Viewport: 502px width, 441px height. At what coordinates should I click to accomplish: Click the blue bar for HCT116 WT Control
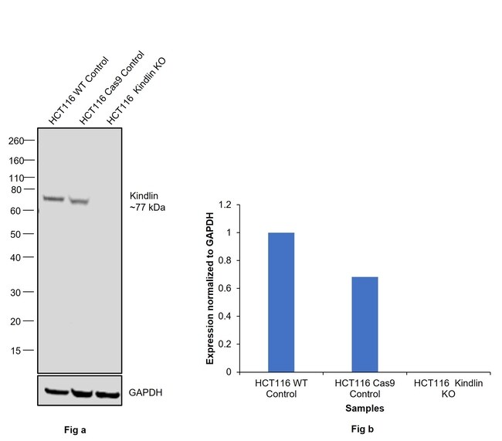coord(280,302)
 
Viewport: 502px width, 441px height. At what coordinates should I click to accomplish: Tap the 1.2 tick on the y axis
coord(224,205)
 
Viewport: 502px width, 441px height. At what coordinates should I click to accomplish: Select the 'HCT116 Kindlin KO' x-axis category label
coord(447,388)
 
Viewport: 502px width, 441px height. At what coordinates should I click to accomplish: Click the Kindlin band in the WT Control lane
coord(53,198)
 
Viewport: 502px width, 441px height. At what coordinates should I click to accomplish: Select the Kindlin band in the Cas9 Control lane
coord(79,201)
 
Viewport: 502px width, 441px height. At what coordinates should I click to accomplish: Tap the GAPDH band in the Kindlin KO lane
coord(107,394)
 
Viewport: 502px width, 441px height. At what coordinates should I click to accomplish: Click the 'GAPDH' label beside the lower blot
coord(146,393)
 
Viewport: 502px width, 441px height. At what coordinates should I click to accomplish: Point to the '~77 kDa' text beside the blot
coord(148,208)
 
